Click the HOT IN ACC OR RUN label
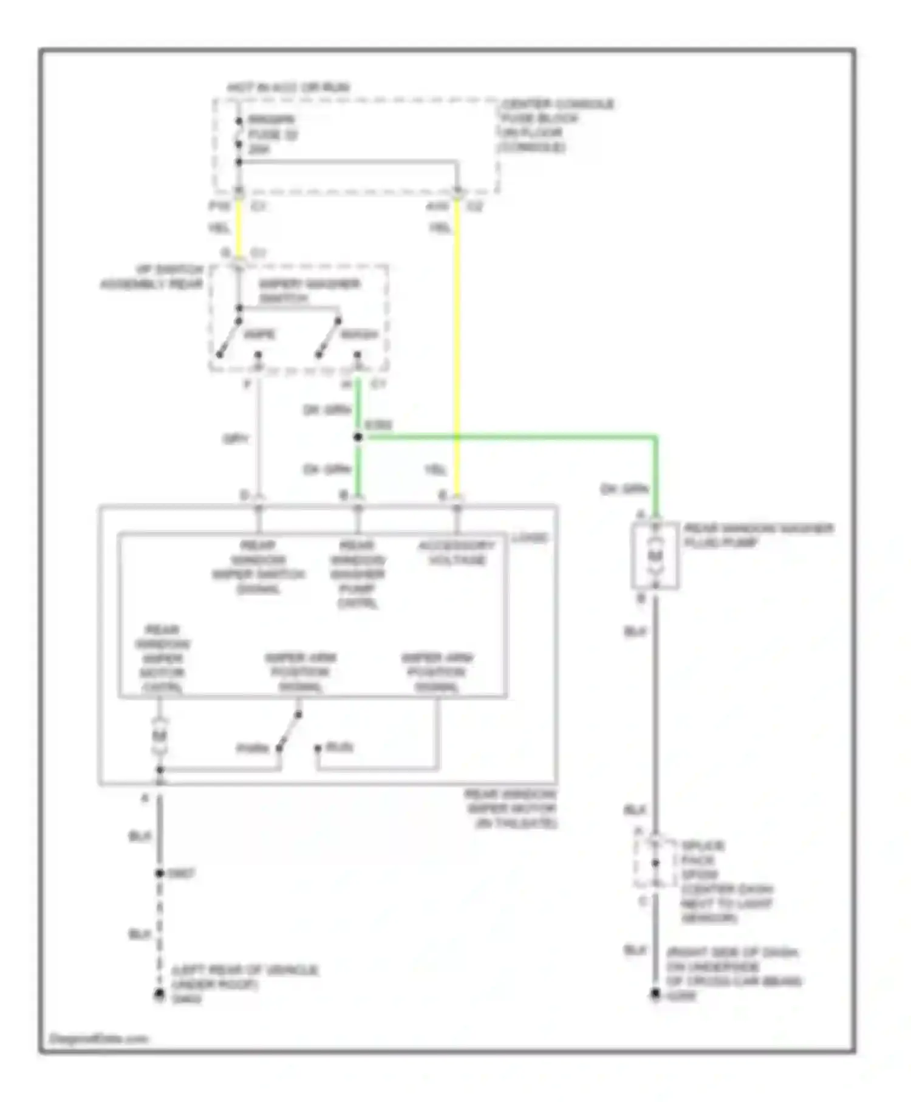288,87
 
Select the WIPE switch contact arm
230,338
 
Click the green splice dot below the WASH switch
358,437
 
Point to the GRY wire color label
236,439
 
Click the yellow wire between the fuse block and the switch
239,228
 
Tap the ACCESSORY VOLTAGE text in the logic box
457,552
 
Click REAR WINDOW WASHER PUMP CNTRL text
357,573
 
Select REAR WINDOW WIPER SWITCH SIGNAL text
259,567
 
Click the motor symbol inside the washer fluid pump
655,556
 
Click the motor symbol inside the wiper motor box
159,736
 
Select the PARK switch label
252,748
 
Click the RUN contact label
339,747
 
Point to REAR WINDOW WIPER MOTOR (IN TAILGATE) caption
511,808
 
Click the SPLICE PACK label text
701,853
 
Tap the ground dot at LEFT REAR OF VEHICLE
159,994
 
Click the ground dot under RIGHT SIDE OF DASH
655,994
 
